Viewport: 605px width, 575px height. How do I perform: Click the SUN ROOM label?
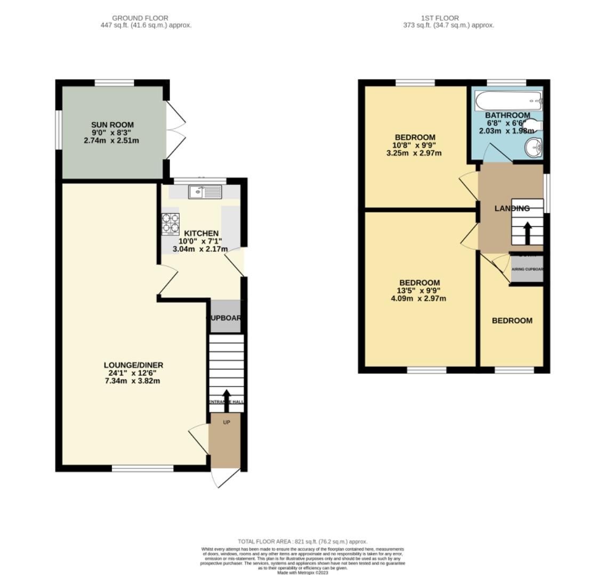click(x=112, y=125)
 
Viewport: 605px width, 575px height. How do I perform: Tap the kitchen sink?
click(x=204, y=191)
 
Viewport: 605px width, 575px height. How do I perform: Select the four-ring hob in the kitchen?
click(x=171, y=224)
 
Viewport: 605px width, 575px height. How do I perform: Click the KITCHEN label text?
click(x=201, y=233)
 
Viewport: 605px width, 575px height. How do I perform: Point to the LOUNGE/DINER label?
click(x=133, y=365)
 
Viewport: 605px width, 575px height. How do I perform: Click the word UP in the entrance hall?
click(x=226, y=422)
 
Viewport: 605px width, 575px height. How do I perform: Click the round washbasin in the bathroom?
click(x=533, y=147)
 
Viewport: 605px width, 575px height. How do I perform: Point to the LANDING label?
click(x=512, y=208)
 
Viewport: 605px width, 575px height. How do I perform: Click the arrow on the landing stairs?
click(x=527, y=232)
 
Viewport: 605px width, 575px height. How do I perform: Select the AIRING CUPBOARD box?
click(x=527, y=269)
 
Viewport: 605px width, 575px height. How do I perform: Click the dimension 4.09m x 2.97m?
click(x=418, y=299)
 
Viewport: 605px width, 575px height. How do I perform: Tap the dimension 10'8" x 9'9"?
click(x=414, y=145)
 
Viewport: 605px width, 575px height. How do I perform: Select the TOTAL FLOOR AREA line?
click(x=303, y=541)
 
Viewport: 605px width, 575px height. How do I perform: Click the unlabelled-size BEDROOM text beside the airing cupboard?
click(x=512, y=321)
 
